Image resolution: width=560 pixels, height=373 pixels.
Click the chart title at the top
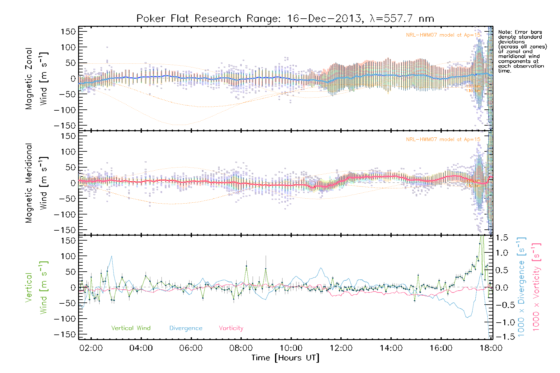click(285, 19)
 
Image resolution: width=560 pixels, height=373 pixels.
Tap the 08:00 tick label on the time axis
click(241, 348)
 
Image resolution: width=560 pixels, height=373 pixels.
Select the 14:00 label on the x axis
click(391, 348)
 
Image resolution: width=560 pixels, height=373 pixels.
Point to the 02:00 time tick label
click(91, 348)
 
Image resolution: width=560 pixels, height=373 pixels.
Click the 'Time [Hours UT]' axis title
click(285, 358)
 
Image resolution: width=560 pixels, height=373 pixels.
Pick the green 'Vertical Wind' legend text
click(131, 328)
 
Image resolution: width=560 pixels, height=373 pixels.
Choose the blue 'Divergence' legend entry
click(186, 328)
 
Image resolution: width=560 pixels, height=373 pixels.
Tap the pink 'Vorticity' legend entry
click(231, 328)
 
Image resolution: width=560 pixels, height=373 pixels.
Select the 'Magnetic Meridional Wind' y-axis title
click(37, 183)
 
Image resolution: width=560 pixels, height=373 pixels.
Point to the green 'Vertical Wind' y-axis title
click(37, 288)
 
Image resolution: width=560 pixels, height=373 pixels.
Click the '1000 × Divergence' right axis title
click(521, 287)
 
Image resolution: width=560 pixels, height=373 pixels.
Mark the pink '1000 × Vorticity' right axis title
click(536, 287)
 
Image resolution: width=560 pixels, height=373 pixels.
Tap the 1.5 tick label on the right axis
click(502, 238)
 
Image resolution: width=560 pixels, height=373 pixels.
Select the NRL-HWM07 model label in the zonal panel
click(443, 35)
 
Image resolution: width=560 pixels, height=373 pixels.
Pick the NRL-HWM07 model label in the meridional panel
click(443, 140)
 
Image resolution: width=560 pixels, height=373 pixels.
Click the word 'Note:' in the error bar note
click(505, 32)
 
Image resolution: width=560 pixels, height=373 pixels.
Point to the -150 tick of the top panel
click(65, 126)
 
